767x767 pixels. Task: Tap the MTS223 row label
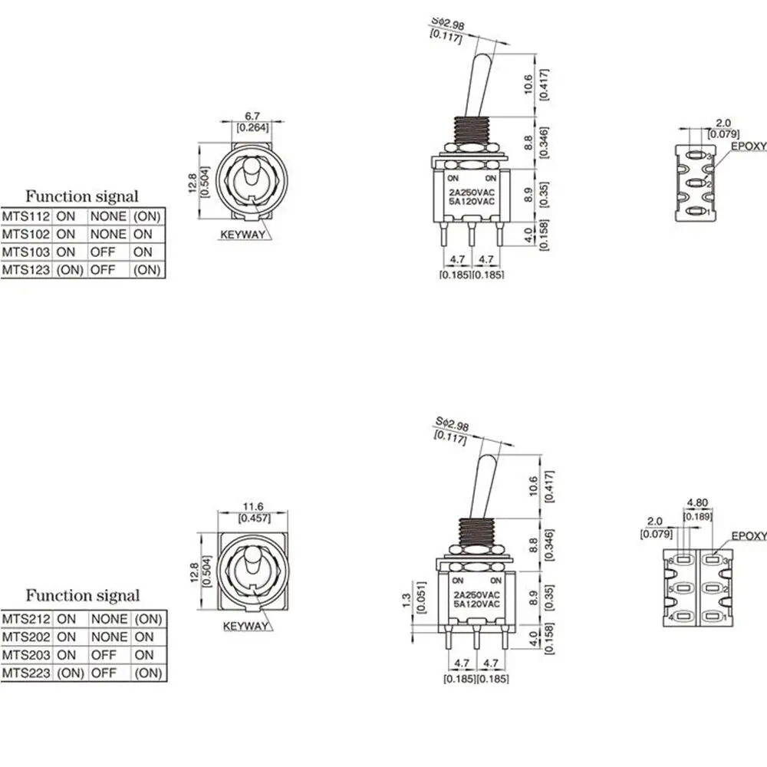[x=26, y=673]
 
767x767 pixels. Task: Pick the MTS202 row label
[x=26, y=637]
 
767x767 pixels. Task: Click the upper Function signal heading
[x=82, y=196]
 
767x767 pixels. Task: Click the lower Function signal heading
[x=82, y=595]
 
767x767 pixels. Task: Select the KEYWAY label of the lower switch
[x=245, y=626]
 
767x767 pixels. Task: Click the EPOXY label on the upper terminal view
[x=748, y=144]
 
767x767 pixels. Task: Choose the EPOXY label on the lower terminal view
[x=749, y=536]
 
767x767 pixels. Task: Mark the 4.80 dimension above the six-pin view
[x=697, y=504]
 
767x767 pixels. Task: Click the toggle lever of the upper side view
[x=482, y=84]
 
